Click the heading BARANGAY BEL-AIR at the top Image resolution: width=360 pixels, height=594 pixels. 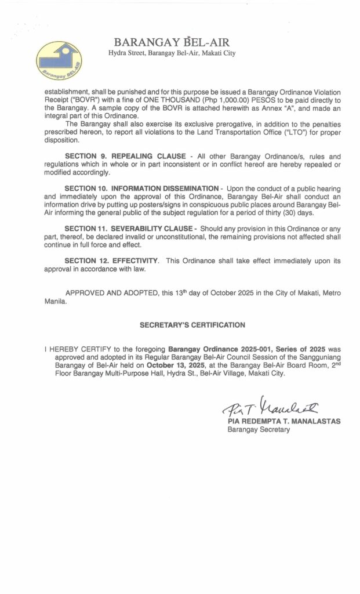pos(172,42)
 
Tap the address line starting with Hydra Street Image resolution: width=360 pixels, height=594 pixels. pos(172,53)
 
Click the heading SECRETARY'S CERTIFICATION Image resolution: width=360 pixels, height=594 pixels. pos(192,325)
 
